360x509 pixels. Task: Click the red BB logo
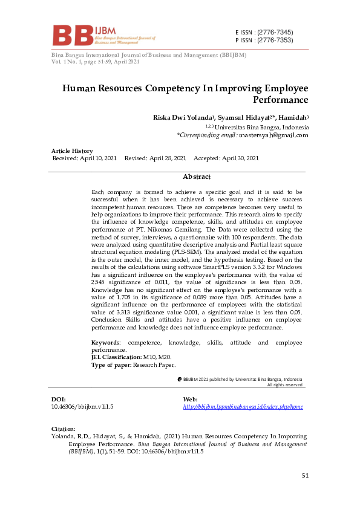(x=72, y=36)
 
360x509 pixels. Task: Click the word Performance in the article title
(x=282, y=100)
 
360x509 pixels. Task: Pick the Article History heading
(x=72, y=151)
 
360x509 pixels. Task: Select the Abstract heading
(x=196, y=177)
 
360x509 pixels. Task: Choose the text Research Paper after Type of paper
(x=154, y=365)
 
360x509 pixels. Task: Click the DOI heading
(x=59, y=400)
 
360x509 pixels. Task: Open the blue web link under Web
(x=243, y=407)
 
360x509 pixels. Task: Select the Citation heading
(x=64, y=429)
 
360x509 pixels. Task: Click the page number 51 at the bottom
(x=305, y=476)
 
